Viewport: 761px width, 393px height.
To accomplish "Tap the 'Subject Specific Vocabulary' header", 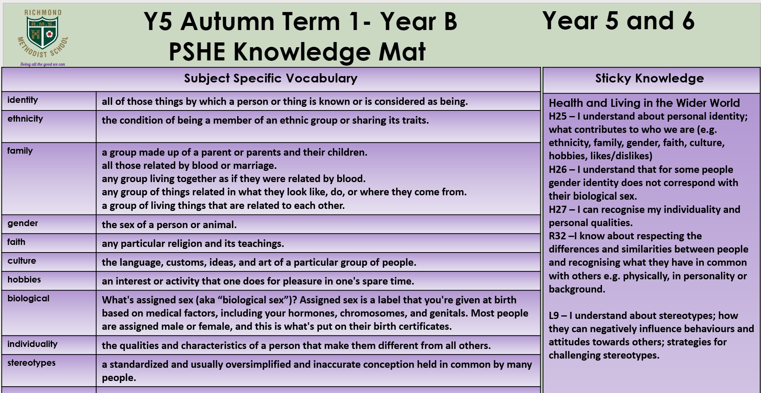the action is point(271,78).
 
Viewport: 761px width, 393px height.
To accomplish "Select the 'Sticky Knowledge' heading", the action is point(649,78).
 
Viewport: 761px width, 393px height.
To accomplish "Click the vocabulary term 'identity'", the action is point(22,100).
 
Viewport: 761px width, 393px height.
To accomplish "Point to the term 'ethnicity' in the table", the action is point(25,119).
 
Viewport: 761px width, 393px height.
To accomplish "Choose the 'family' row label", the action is point(20,151).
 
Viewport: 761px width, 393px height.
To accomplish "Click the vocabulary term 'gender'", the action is point(22,223).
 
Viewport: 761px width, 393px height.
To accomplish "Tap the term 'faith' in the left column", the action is point(16,242).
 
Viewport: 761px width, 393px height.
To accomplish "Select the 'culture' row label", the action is point(22,261).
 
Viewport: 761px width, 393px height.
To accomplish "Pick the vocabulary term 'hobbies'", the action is point(24,279).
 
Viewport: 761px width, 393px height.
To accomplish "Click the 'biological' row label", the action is point(28,299).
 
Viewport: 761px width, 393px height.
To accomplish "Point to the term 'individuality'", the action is point(32,344).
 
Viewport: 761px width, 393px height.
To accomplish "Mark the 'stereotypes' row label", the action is point(31,363).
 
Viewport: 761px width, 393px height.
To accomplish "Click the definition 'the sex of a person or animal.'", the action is point(169,225).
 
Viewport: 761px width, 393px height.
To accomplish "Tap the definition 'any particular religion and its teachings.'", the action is point(193,244).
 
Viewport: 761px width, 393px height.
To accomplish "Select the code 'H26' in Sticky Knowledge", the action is point(558,170).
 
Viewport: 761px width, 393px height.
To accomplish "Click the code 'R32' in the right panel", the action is point(557,236).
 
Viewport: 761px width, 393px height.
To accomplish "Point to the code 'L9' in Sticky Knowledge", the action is point(554,316).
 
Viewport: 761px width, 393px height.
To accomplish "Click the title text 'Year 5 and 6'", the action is point(618,21).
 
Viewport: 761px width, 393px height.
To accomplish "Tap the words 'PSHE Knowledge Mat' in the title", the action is point(297,52).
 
